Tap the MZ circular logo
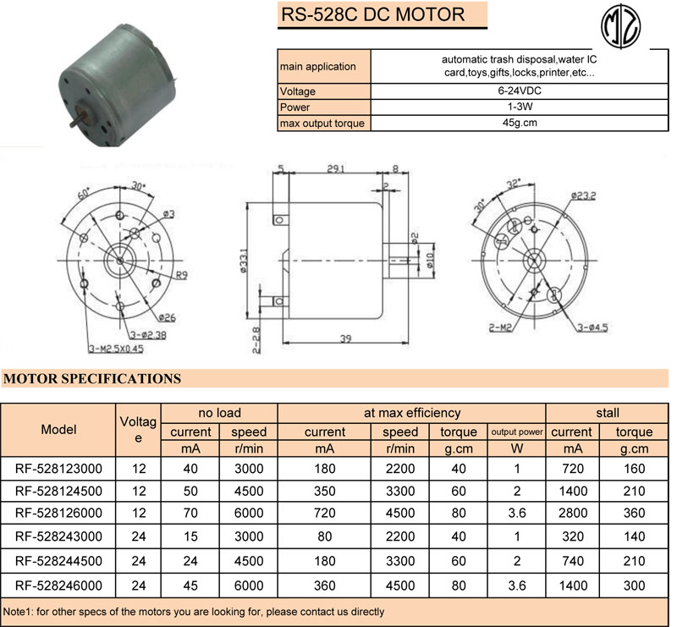tap(623, 25)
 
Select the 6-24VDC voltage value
tap(518, 91)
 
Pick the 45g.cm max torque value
tap(518, 123)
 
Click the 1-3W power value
tap(518, 107)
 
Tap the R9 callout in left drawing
tap(182, 275)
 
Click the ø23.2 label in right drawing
tap(584, 195)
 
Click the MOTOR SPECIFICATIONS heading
tap(92, 379)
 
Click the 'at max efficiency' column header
tap(411, 413)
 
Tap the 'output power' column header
tap(516, 432)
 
